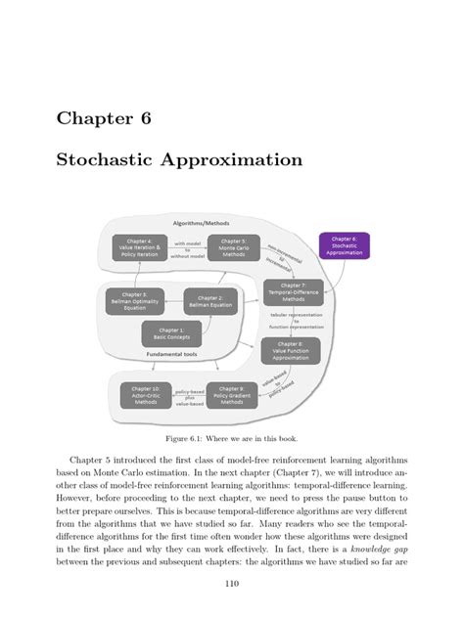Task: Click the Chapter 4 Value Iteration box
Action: pyautogui.click(x=138, y=247)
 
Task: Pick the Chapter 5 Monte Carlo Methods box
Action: pyautogui.click(x=233, y=247)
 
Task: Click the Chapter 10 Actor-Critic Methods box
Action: pyautogui.click(x=146, y=395)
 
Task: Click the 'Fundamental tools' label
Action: pyautogui.click(x=171, y=355)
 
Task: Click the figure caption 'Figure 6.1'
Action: pyautogui.click(x=231, y=439)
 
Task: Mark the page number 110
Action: pyautogui.click(x=232, y=584)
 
